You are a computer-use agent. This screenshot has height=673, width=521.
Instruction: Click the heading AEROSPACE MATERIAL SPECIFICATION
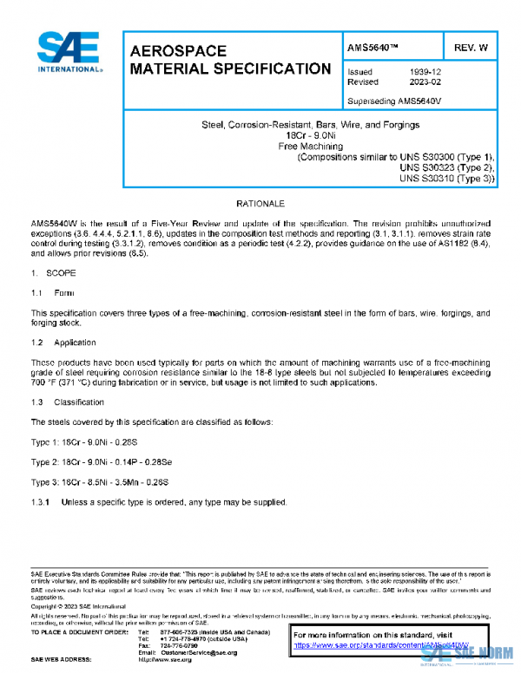pos(230,60)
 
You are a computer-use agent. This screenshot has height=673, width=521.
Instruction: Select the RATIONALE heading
pos(261,202)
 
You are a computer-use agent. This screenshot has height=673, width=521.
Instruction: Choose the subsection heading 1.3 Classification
pos(67,402)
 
